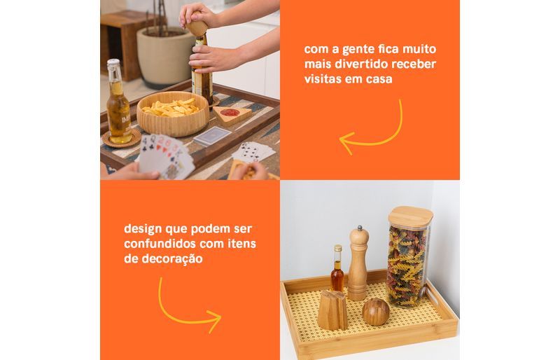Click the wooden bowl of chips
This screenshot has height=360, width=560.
(173, 113)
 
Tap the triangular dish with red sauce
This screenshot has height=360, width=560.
(232, 115)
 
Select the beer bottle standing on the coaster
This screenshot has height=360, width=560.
(118, 102)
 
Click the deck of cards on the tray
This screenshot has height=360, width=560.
(213, 137)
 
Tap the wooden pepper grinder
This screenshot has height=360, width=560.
(358, 263)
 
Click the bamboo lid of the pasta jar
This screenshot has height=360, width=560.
(411, 216)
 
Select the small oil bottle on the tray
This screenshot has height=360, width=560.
(337, 269)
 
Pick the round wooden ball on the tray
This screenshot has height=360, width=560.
(376, 312)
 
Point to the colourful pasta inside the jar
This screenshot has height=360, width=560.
(407, 266)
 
